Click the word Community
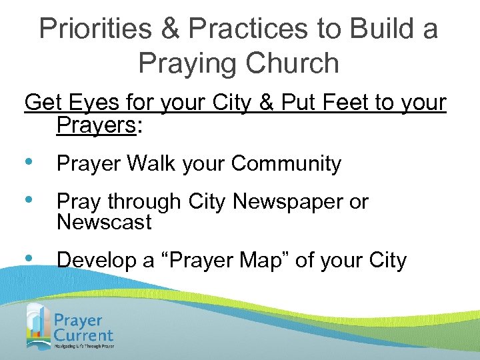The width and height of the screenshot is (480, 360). pos(286,163)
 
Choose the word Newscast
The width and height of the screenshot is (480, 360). pos(105,221)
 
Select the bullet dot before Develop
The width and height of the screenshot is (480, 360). pos(29,260)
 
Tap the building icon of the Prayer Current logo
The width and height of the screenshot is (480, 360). pos(39,325)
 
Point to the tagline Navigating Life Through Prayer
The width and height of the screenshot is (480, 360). pos(85,347)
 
